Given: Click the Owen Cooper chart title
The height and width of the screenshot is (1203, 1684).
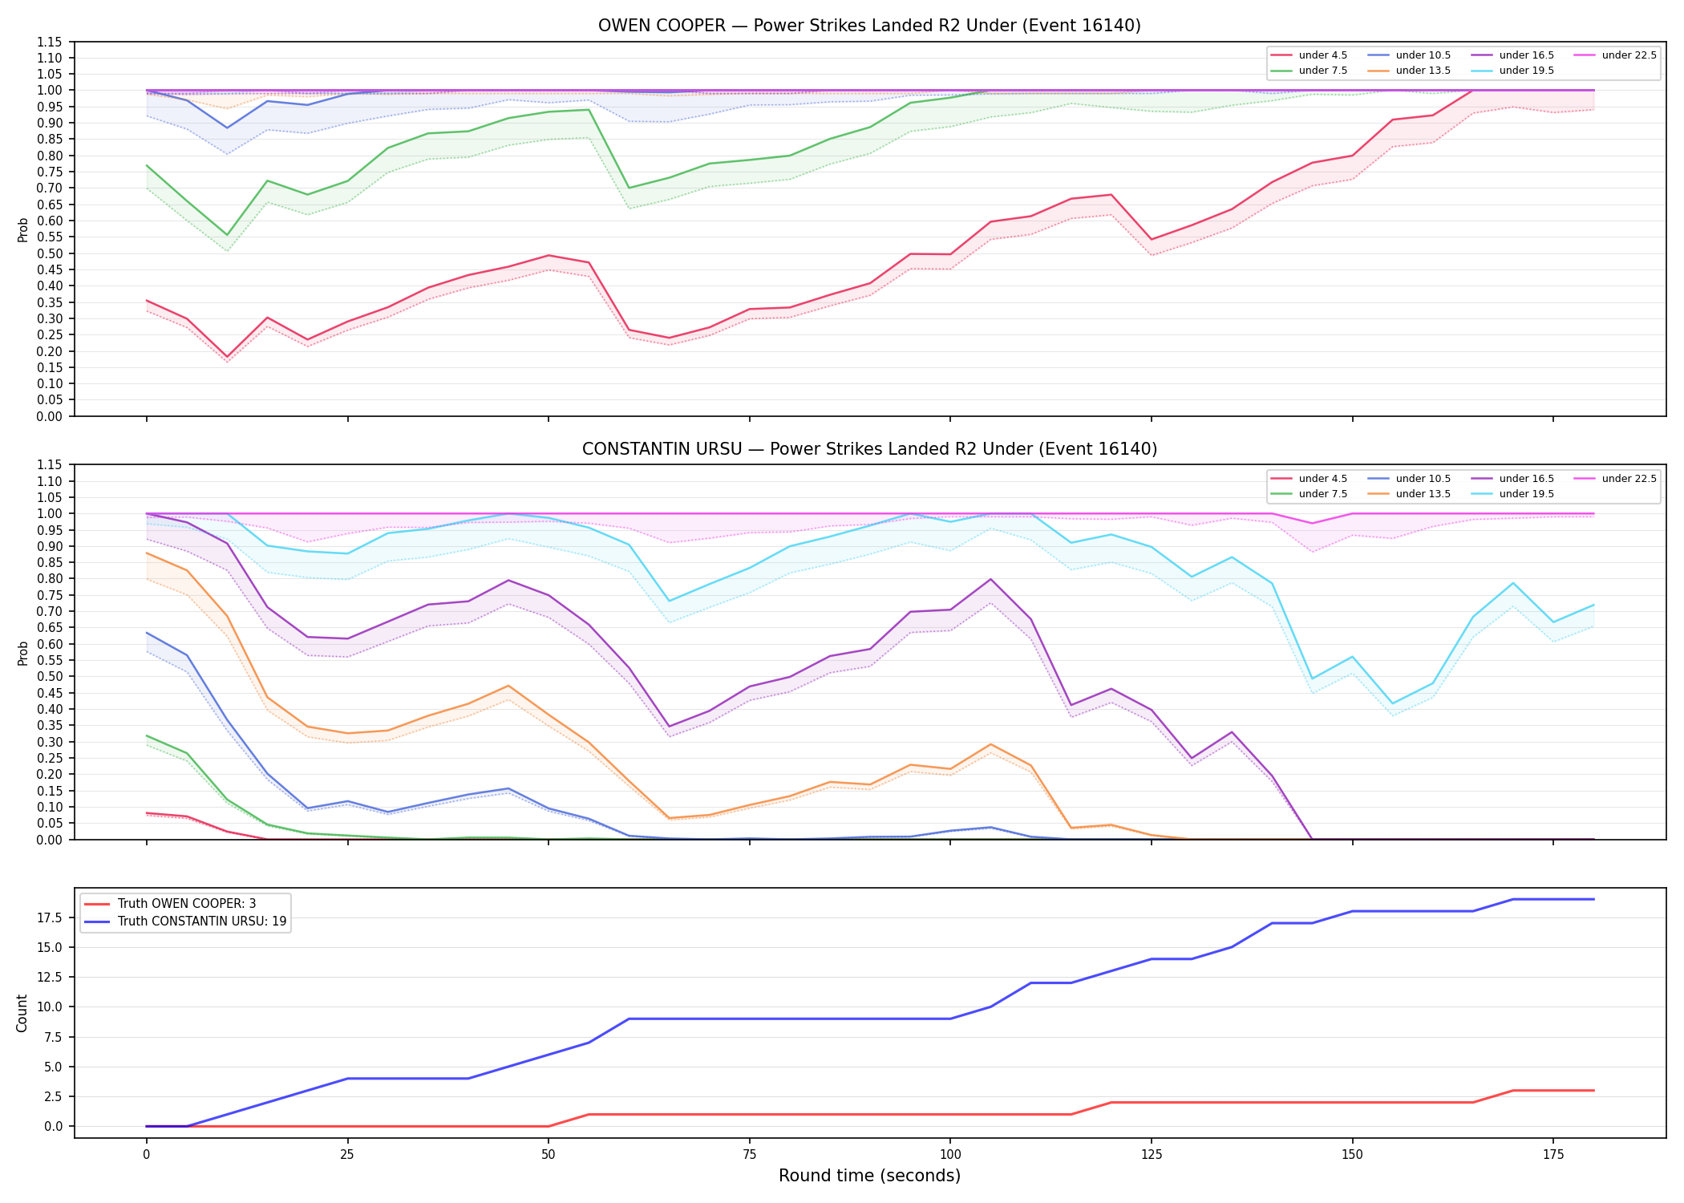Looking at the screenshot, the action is coord(869,26).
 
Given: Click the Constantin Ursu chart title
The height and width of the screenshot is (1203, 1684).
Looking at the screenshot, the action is coord(869,449).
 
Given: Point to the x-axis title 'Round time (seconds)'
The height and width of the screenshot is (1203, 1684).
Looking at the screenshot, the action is coord(869,1176).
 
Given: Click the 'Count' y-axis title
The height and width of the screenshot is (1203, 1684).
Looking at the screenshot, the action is coord(22,1013).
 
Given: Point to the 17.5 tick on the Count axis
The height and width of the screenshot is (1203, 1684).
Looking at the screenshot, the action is coord(51,917).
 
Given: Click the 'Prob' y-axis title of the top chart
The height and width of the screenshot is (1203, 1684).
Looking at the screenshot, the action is coord(23,229).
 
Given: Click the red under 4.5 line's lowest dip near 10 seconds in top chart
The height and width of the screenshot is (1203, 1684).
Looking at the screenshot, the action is coord(227,357).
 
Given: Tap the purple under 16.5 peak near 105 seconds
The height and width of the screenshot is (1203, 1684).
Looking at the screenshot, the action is coord(990,579).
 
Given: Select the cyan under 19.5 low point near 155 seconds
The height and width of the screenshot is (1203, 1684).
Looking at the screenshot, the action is coord(1392,703).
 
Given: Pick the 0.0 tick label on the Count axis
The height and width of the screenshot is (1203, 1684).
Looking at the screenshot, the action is coord(54,1126).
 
